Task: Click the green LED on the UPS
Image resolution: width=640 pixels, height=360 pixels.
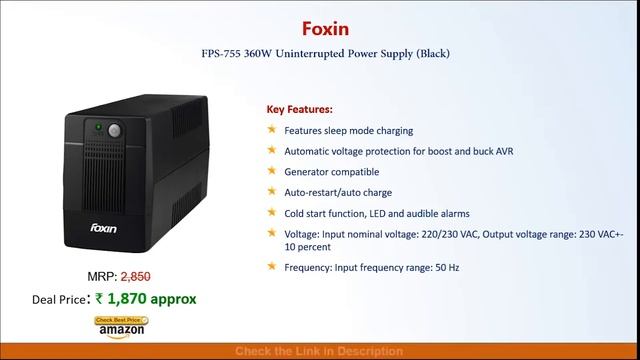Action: pos(98,127)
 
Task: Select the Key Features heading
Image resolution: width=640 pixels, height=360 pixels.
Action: pos(300,109)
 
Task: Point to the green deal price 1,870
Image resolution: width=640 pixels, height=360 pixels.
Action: pos(150,298)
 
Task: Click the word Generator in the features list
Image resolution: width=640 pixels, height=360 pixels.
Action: pos(308,171)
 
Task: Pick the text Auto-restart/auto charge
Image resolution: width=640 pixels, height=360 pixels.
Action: pos(338,192)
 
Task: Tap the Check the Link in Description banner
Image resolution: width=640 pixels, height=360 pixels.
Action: pos(319,352)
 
